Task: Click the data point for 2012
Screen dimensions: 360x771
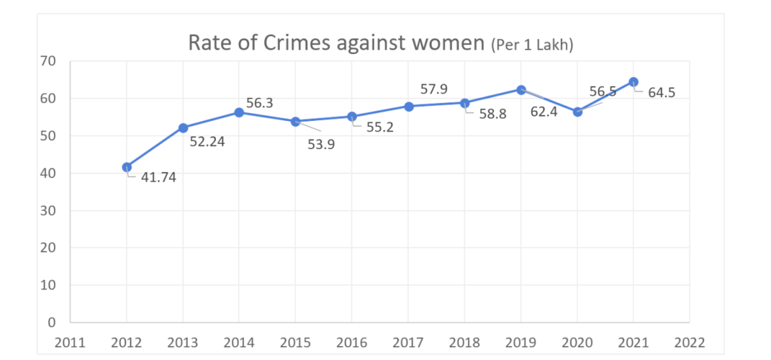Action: coord(127,167)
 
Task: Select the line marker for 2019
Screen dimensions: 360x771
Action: coord(521,90)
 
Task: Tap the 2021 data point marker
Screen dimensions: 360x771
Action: coord(634,82)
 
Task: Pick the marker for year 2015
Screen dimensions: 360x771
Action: coord(296,122)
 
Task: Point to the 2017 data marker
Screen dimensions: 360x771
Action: coord(408,106)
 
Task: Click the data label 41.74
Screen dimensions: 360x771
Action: coord(158,177)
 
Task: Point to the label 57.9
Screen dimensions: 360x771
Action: coord(434,89)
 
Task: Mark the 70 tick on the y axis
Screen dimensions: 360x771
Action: coord(49,62)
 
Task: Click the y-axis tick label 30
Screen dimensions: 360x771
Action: coord(49,211)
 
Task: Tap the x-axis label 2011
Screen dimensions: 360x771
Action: coord(70,341)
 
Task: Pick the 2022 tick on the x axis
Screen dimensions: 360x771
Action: coord(689,341)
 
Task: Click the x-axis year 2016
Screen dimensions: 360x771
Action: coord(351,341)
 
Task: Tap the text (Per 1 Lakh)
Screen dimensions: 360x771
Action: coord(531,45)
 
